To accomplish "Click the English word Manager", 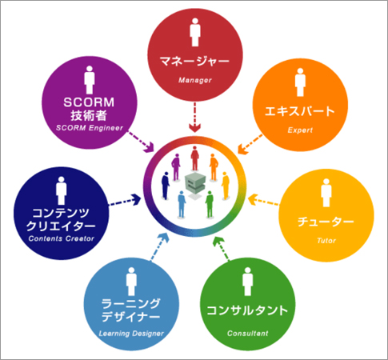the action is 195,80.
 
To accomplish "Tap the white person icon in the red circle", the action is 195,32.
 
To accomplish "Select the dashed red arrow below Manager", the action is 195,117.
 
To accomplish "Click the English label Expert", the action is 300,130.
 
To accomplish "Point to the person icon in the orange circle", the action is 300,82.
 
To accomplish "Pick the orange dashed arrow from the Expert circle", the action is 250,144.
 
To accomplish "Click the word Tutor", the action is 326,241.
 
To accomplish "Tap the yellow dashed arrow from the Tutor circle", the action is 263,201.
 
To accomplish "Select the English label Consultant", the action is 247,334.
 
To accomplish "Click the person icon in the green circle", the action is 247,282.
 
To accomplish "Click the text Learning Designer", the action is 131,334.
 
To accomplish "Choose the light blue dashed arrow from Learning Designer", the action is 160,246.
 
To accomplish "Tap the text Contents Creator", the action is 62,238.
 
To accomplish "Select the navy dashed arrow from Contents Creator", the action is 125,201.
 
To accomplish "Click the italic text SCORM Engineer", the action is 90,128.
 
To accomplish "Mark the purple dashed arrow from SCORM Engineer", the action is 142,142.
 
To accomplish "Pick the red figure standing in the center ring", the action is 194,158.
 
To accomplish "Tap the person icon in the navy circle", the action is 62,190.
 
